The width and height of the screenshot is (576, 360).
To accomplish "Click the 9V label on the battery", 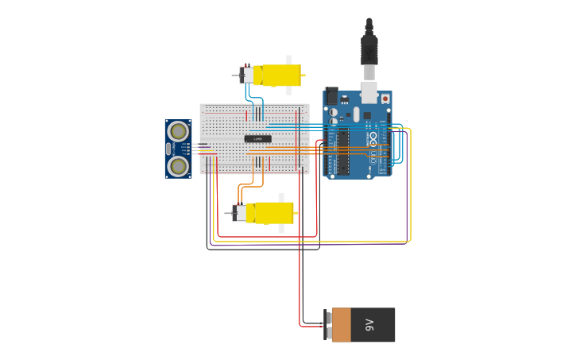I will pos(369,325).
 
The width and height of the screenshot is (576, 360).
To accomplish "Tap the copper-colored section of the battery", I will pos(341,325).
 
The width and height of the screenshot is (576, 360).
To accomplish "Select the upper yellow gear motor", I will pos(280,75).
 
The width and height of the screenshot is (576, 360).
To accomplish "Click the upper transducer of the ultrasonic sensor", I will pos(179,131).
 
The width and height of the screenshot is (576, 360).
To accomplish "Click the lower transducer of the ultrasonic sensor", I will pos(179,165).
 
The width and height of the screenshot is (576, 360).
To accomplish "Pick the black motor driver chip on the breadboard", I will pos(257,139).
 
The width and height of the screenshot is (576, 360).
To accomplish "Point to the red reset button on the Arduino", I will pos(385,99).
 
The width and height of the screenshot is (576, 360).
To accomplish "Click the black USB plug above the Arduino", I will pos(369,49).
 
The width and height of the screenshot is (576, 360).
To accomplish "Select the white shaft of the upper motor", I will pos(288,60).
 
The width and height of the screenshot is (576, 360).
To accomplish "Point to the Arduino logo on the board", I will pos(373,137).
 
